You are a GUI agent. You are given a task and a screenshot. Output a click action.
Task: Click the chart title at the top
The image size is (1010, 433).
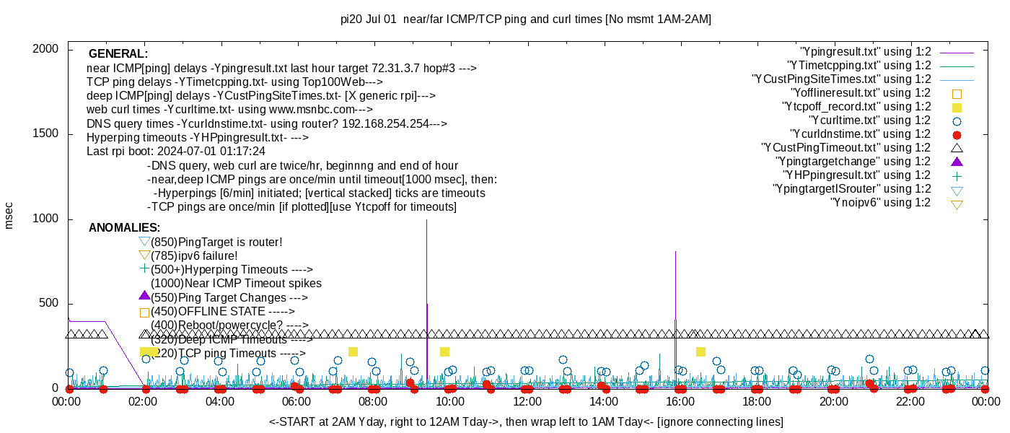(x=525, y=19)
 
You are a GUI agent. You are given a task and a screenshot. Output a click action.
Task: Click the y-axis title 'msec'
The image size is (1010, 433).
(x=9, y=215)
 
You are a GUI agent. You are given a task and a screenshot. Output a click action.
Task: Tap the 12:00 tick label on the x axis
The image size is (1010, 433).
(x=527, y=401)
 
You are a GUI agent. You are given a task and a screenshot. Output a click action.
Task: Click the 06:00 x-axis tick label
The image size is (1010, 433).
(x=297, y=401)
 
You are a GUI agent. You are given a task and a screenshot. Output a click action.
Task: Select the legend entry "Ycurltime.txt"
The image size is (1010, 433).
(x=869, y=121)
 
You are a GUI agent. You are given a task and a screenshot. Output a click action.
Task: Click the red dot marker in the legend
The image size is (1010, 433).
(x=957, y=134)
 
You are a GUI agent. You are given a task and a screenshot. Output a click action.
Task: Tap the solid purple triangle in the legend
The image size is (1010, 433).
(x=957, y=162)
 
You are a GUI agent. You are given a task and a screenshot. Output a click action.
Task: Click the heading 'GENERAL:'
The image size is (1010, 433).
(x=118, y=54)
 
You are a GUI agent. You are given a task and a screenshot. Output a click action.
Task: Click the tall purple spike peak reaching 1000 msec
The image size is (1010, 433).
(x=426, y=220)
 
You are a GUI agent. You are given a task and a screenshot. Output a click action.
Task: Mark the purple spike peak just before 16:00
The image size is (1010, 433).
(x=675, y=252)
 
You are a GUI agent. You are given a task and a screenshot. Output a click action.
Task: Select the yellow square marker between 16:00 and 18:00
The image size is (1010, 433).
(x=701, y=351)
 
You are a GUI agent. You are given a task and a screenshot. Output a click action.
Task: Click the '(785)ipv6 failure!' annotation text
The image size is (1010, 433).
(x=194, y=255)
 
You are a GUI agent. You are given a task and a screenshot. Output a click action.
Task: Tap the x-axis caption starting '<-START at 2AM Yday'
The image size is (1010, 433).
(x=526, y=421)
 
